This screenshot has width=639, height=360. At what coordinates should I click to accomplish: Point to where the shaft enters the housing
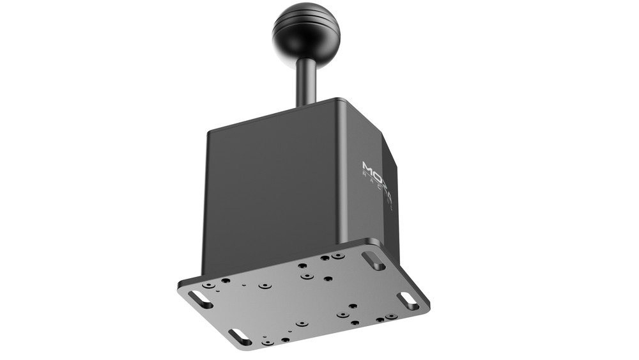[x=307, y=104]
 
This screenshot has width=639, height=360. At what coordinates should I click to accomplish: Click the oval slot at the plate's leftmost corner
[x=201, y=299]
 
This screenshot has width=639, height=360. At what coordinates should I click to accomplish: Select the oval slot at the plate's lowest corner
[x=240, y=336]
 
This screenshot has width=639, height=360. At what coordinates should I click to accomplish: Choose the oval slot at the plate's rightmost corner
[x=408, y=301]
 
